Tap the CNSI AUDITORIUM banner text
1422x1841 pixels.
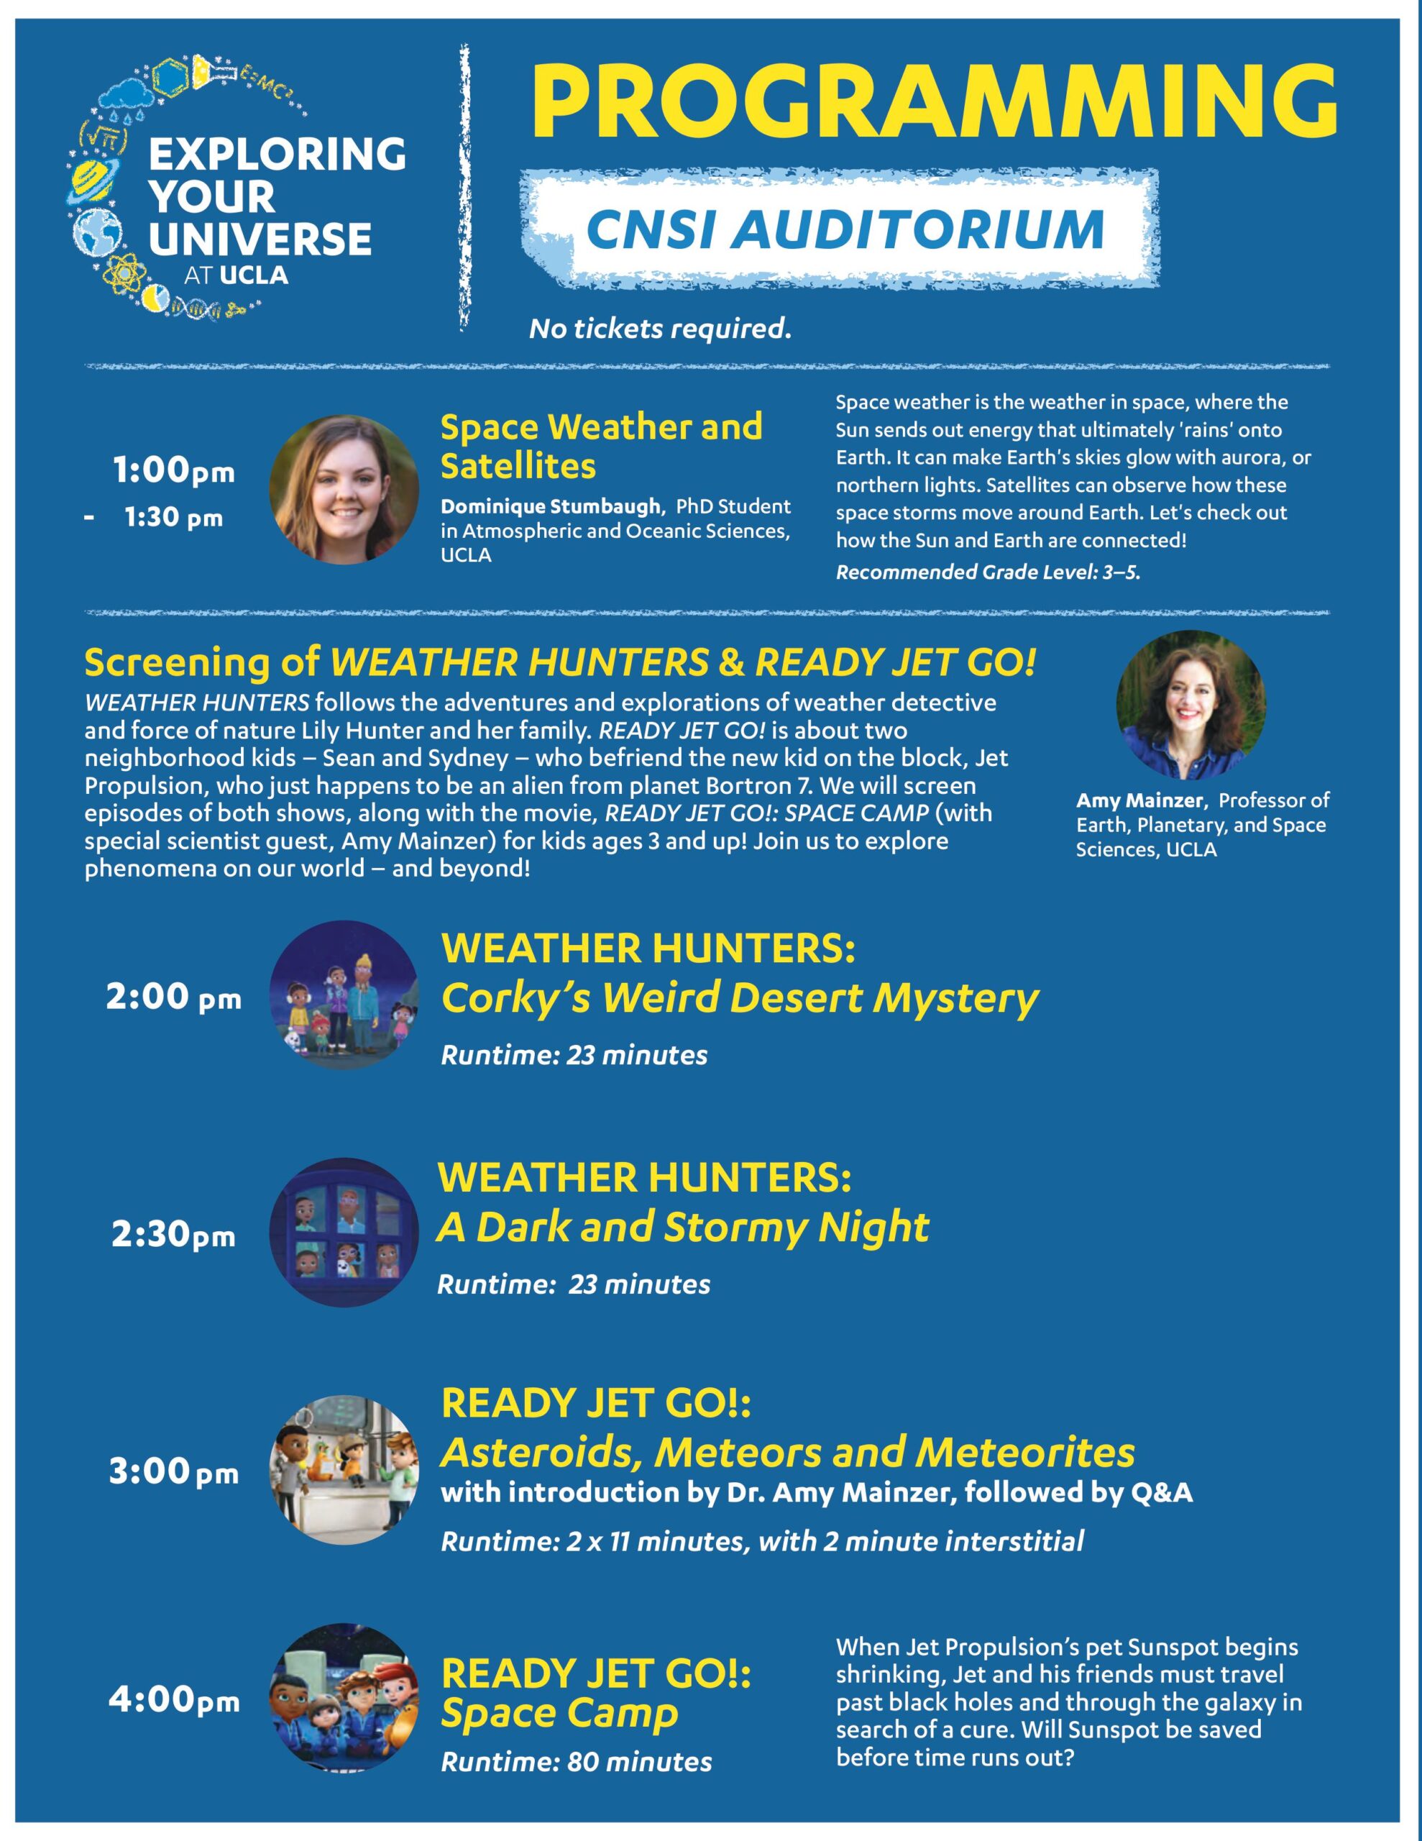click(x=845, y=229)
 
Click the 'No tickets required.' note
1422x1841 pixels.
click(x=660, y=329)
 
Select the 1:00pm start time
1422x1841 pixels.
click(x=174, y=471)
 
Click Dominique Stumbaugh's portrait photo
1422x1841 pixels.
click(x=344, y=490)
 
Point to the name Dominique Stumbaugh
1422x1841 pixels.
click(x=551, y=506)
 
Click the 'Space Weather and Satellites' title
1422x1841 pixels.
click(x=601, y=446)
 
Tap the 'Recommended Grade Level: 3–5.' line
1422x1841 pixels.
click(x=988, y=572)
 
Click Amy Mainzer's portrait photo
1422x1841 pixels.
click(x=1191, y=705)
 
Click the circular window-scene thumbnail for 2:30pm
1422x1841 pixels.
click(x=344, y=1233)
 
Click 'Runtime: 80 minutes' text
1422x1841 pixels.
click(x=577, y=1762)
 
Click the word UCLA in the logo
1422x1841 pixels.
click(x=254, y=275)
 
